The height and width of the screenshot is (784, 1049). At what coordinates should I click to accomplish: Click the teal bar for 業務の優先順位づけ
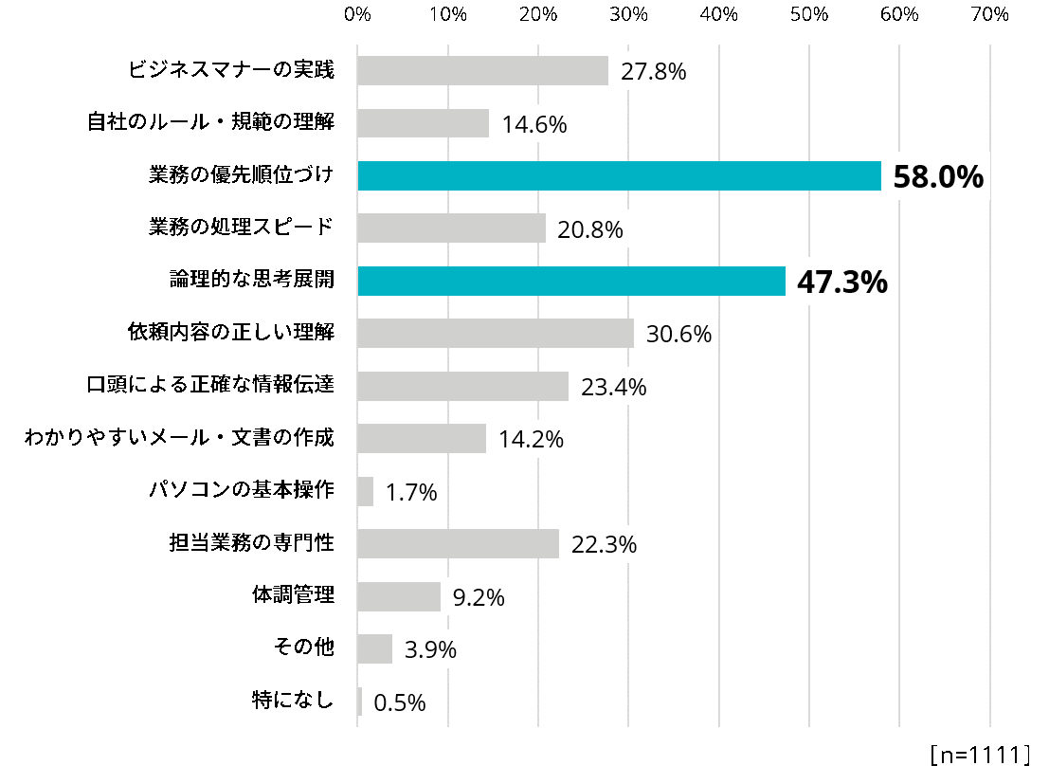pos(619,176)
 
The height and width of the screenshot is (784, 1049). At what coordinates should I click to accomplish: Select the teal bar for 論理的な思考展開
pos(571,282)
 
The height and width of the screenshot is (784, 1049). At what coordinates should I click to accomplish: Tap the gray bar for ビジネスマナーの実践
pos(482,71)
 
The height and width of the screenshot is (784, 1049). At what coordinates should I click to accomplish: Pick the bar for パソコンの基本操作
pos(366,491)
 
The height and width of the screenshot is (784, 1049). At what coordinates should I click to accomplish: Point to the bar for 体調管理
pos(399,596)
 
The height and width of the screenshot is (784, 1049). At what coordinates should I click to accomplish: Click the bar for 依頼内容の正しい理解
pos(496,334)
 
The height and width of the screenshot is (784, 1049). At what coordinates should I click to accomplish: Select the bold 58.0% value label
pos(938,177)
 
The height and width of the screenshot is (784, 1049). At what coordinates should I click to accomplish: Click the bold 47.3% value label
pos(842,283)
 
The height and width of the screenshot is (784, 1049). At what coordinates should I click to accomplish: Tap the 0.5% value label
pos(400,702)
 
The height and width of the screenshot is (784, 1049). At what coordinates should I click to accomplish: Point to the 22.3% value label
pos(604,545)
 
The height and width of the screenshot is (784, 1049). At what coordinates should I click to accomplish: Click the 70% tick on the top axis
pos(990,14)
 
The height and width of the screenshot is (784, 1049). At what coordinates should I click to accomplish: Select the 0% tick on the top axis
pos(357,14)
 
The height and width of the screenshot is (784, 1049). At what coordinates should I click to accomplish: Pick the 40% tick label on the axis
pos(719,14)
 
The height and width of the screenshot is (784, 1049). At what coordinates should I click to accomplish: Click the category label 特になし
pos(293,701)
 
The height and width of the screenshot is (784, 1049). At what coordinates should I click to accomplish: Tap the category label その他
pos(303,648)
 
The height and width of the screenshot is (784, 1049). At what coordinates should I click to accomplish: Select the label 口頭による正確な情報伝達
pos(210,385)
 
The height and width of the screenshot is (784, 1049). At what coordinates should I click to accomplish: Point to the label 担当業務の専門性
pos(251,543)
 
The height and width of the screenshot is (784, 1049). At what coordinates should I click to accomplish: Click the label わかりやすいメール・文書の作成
pos(179,438)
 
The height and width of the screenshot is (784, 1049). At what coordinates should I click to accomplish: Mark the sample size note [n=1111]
pos(980,755)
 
